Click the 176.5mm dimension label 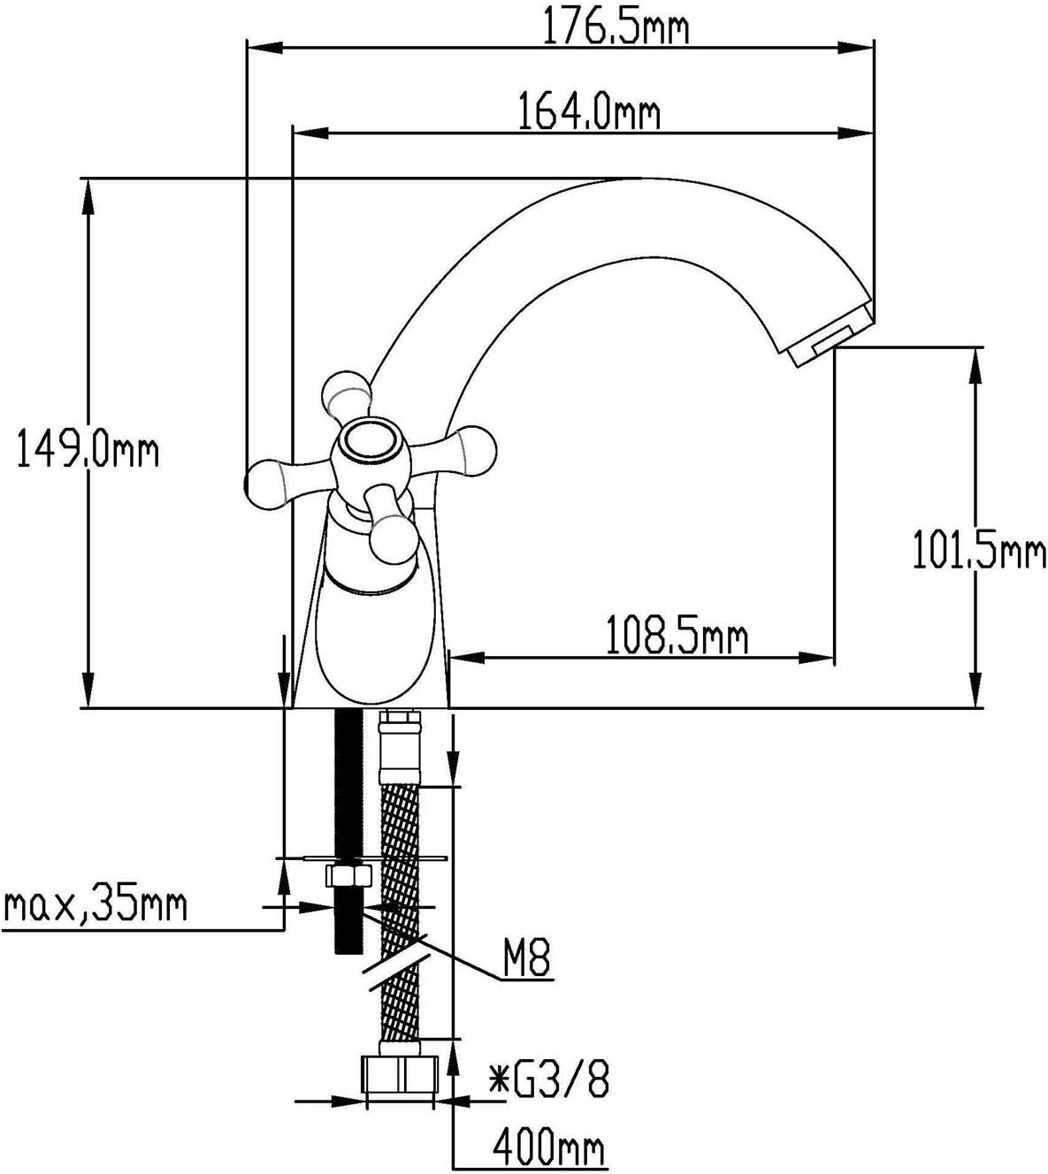coord(616,25)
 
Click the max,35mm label coord(95,906)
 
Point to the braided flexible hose coord(400,921)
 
